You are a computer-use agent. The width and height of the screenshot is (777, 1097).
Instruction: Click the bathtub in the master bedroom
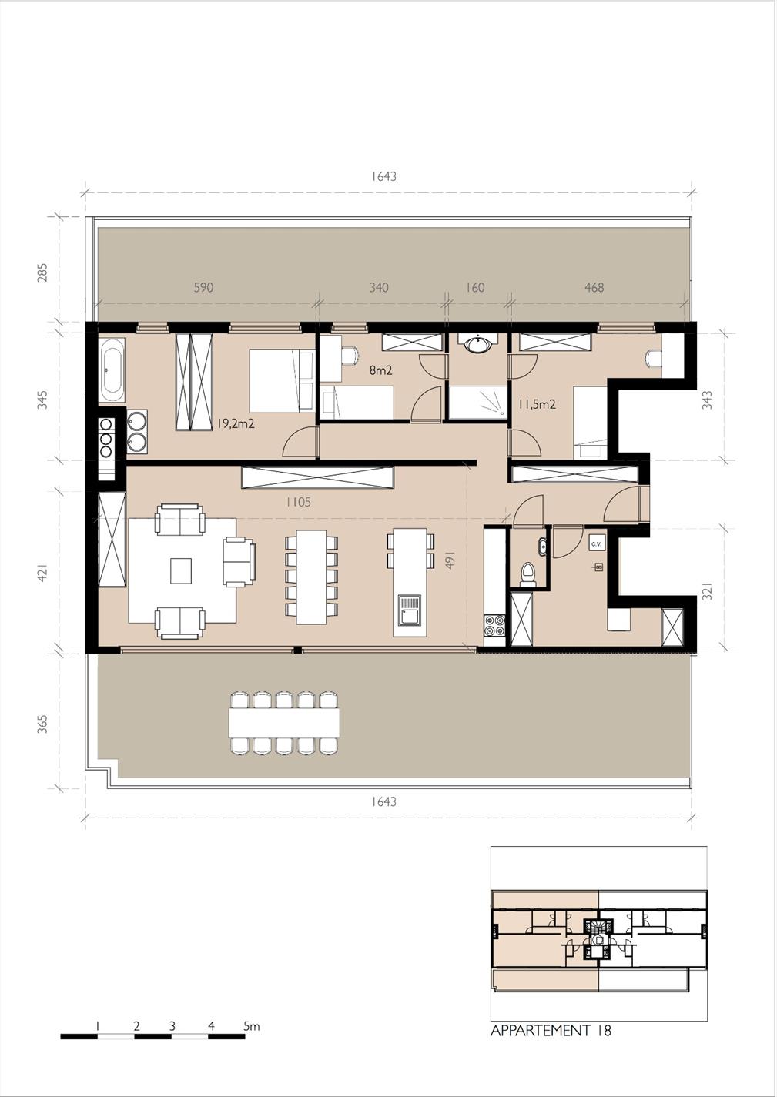click(112, 370)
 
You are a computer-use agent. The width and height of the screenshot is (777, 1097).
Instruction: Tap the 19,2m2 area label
click(236, 423)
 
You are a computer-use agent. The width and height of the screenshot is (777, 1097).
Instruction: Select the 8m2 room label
click(380, 370)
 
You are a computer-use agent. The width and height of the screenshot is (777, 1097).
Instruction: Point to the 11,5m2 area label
click(537, 404)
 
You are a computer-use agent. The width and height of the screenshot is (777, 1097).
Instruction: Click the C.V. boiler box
click(596, 543)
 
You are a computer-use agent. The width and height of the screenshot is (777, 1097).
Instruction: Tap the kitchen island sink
click(410, 610)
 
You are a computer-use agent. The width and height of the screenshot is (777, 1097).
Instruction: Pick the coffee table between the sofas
click(181, 571)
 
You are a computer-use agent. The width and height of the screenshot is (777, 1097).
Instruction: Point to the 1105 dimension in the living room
click(298, 502)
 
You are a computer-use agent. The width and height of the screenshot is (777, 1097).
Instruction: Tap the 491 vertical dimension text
click(450, 560)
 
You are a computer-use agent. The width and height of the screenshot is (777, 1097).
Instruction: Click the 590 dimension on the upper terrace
click(203, 287)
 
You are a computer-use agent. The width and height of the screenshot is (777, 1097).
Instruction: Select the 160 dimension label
click(474, 287)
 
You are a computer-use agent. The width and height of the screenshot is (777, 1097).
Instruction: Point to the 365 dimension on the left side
click(42, 724)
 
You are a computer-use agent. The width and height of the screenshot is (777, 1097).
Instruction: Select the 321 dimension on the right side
click(707, 591)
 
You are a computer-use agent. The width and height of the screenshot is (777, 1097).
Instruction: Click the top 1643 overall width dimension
click(383, 176)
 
